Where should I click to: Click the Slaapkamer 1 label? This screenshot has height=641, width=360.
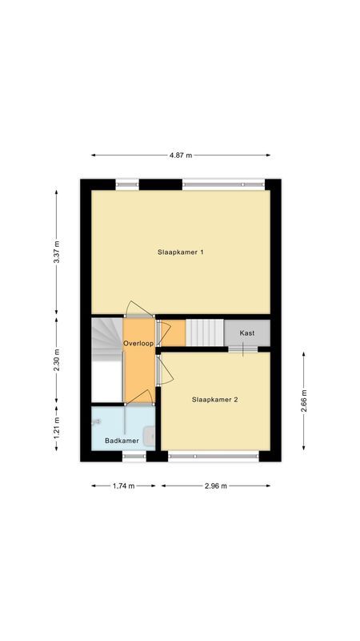(x=180, y=252)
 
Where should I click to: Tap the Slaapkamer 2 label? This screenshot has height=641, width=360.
(x=214, y=399)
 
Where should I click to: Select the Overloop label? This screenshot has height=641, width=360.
(x=138, y=344)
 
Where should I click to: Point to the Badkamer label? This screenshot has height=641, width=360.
(x=122, y=441)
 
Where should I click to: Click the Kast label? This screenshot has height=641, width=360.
(x=247, y=332)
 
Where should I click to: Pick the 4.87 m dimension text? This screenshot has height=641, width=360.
(x=180, y=155)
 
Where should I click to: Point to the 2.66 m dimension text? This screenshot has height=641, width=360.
(x=303, y=400)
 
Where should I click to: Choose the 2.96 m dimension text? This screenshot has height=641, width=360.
(x=215, y=486)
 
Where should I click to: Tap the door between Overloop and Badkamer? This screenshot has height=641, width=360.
(x=141, y=397)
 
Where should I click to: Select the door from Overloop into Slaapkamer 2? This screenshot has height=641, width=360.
(x=162, y=371)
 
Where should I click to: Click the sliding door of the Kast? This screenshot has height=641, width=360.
(x=242, y=349)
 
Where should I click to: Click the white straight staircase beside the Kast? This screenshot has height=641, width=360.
(x=204, y=333)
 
